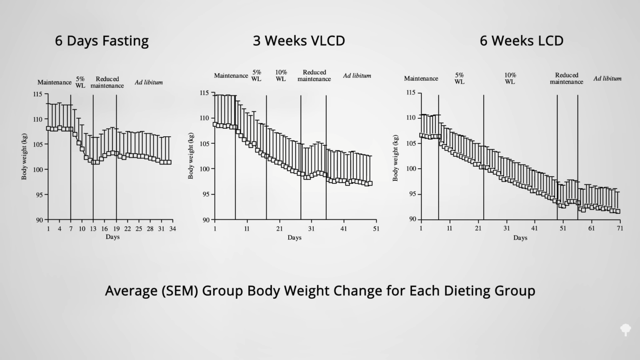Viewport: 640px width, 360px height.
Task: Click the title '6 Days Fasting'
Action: click(102, 41)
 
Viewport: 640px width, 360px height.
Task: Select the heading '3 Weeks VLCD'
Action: click(299, 41)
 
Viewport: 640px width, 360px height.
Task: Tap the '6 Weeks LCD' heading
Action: click(521, 41)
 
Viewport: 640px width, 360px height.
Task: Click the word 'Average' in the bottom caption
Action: click(130, 290)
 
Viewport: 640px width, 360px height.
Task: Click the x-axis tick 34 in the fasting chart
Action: click(172, 229)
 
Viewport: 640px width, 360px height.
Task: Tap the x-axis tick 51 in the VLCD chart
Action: click(376, 229)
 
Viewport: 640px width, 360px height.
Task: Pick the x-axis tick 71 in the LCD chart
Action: click(620, 228)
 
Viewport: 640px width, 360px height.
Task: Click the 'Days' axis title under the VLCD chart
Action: click(294, 237)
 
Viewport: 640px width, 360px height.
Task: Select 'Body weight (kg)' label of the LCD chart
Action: click(395, 158)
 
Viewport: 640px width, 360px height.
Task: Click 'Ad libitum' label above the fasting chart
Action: click(148, 82)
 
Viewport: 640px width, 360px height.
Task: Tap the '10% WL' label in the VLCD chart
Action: click(281, 75)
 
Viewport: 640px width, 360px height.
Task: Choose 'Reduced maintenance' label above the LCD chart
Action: click(566, 78)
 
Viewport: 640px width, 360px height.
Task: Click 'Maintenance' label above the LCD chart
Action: click(421, 78)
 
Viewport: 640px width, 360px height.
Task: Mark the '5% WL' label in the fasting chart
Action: click(80, 82)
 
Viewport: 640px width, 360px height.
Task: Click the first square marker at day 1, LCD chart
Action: click(421, 135)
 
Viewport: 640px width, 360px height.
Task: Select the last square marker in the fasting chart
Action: click(169, 162)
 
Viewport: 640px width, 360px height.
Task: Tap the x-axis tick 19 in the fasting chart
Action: click(116, 229)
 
